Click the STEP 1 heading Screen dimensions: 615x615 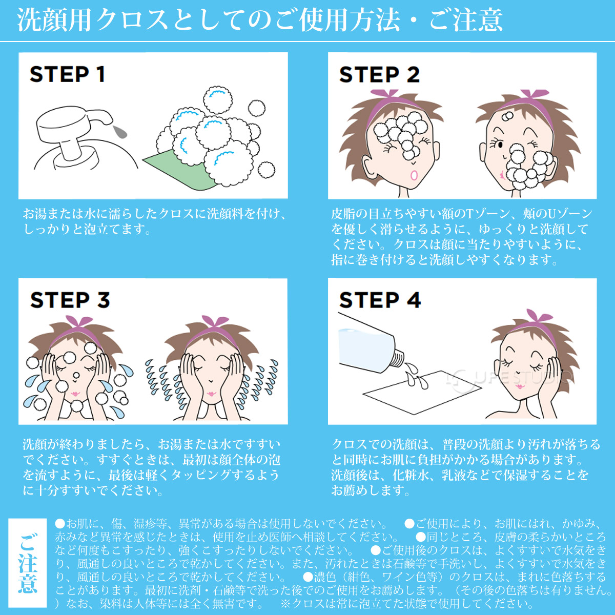coord(67,74)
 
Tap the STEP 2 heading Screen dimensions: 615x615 coord(379,75)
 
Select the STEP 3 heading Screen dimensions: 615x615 coord(70,300)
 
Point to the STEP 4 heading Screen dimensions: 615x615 coord(380,300)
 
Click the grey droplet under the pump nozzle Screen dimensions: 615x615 coord(120,132)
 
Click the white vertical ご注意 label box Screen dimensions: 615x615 coord(28,563)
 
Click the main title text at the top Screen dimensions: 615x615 coord(260,20)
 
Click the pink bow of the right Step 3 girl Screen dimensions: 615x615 coord(214,323)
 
